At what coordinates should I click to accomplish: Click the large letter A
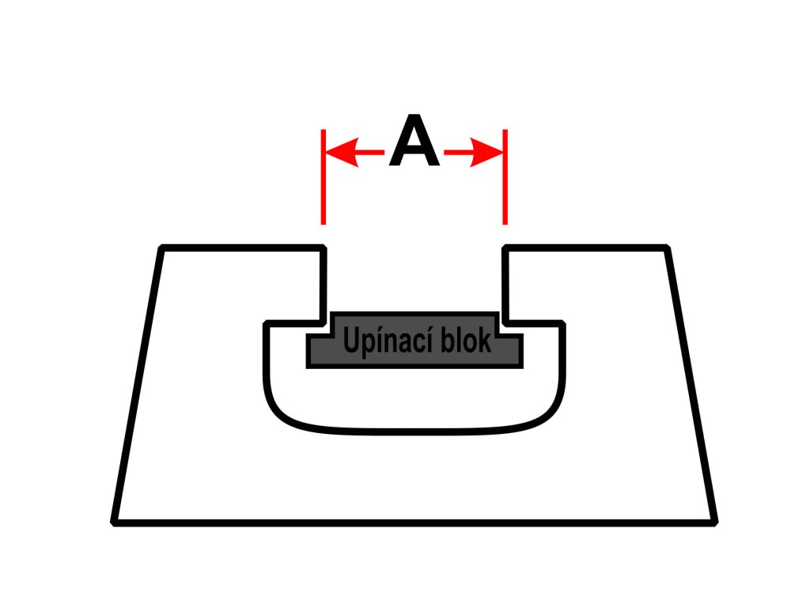pos(414,142)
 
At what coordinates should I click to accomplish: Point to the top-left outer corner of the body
pos(162,249)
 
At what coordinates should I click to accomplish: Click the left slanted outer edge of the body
pos(138,384)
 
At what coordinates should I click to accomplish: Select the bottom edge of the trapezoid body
pos(414,522)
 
